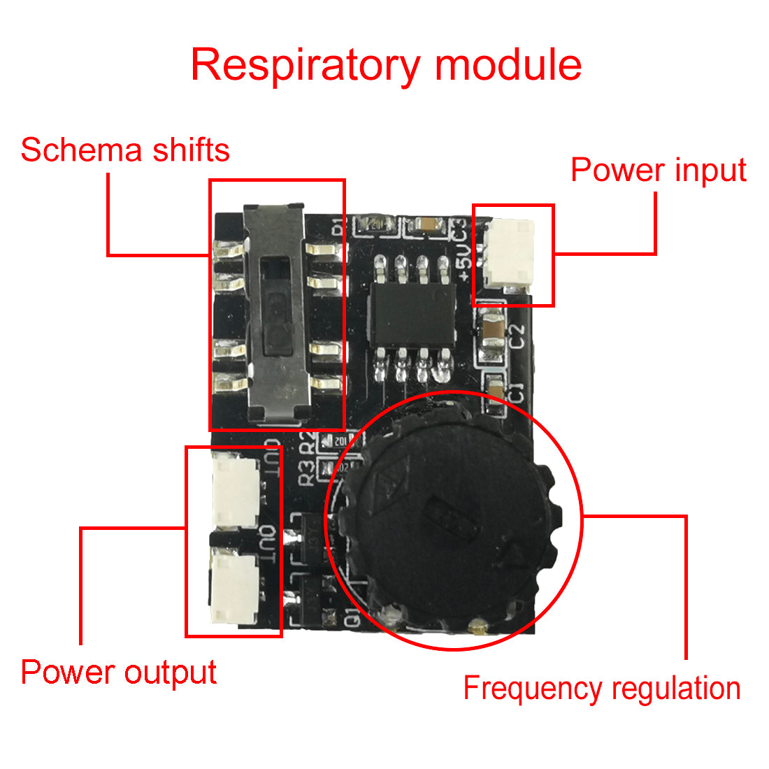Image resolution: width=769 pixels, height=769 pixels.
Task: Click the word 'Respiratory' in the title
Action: click(305, 66)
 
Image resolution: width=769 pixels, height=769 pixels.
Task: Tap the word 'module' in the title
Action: click(508, 65)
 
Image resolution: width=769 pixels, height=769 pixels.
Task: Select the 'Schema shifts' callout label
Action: click(125, 150)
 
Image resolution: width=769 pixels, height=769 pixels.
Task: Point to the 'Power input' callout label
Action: click(659, 170)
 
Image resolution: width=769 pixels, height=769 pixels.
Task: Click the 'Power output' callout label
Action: click(119, 672)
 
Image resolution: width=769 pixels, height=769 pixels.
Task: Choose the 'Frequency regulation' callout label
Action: click(602, 688)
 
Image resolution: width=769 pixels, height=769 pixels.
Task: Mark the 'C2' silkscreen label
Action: click(517, 338)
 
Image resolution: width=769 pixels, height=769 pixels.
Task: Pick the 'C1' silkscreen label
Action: click(516, 393)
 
